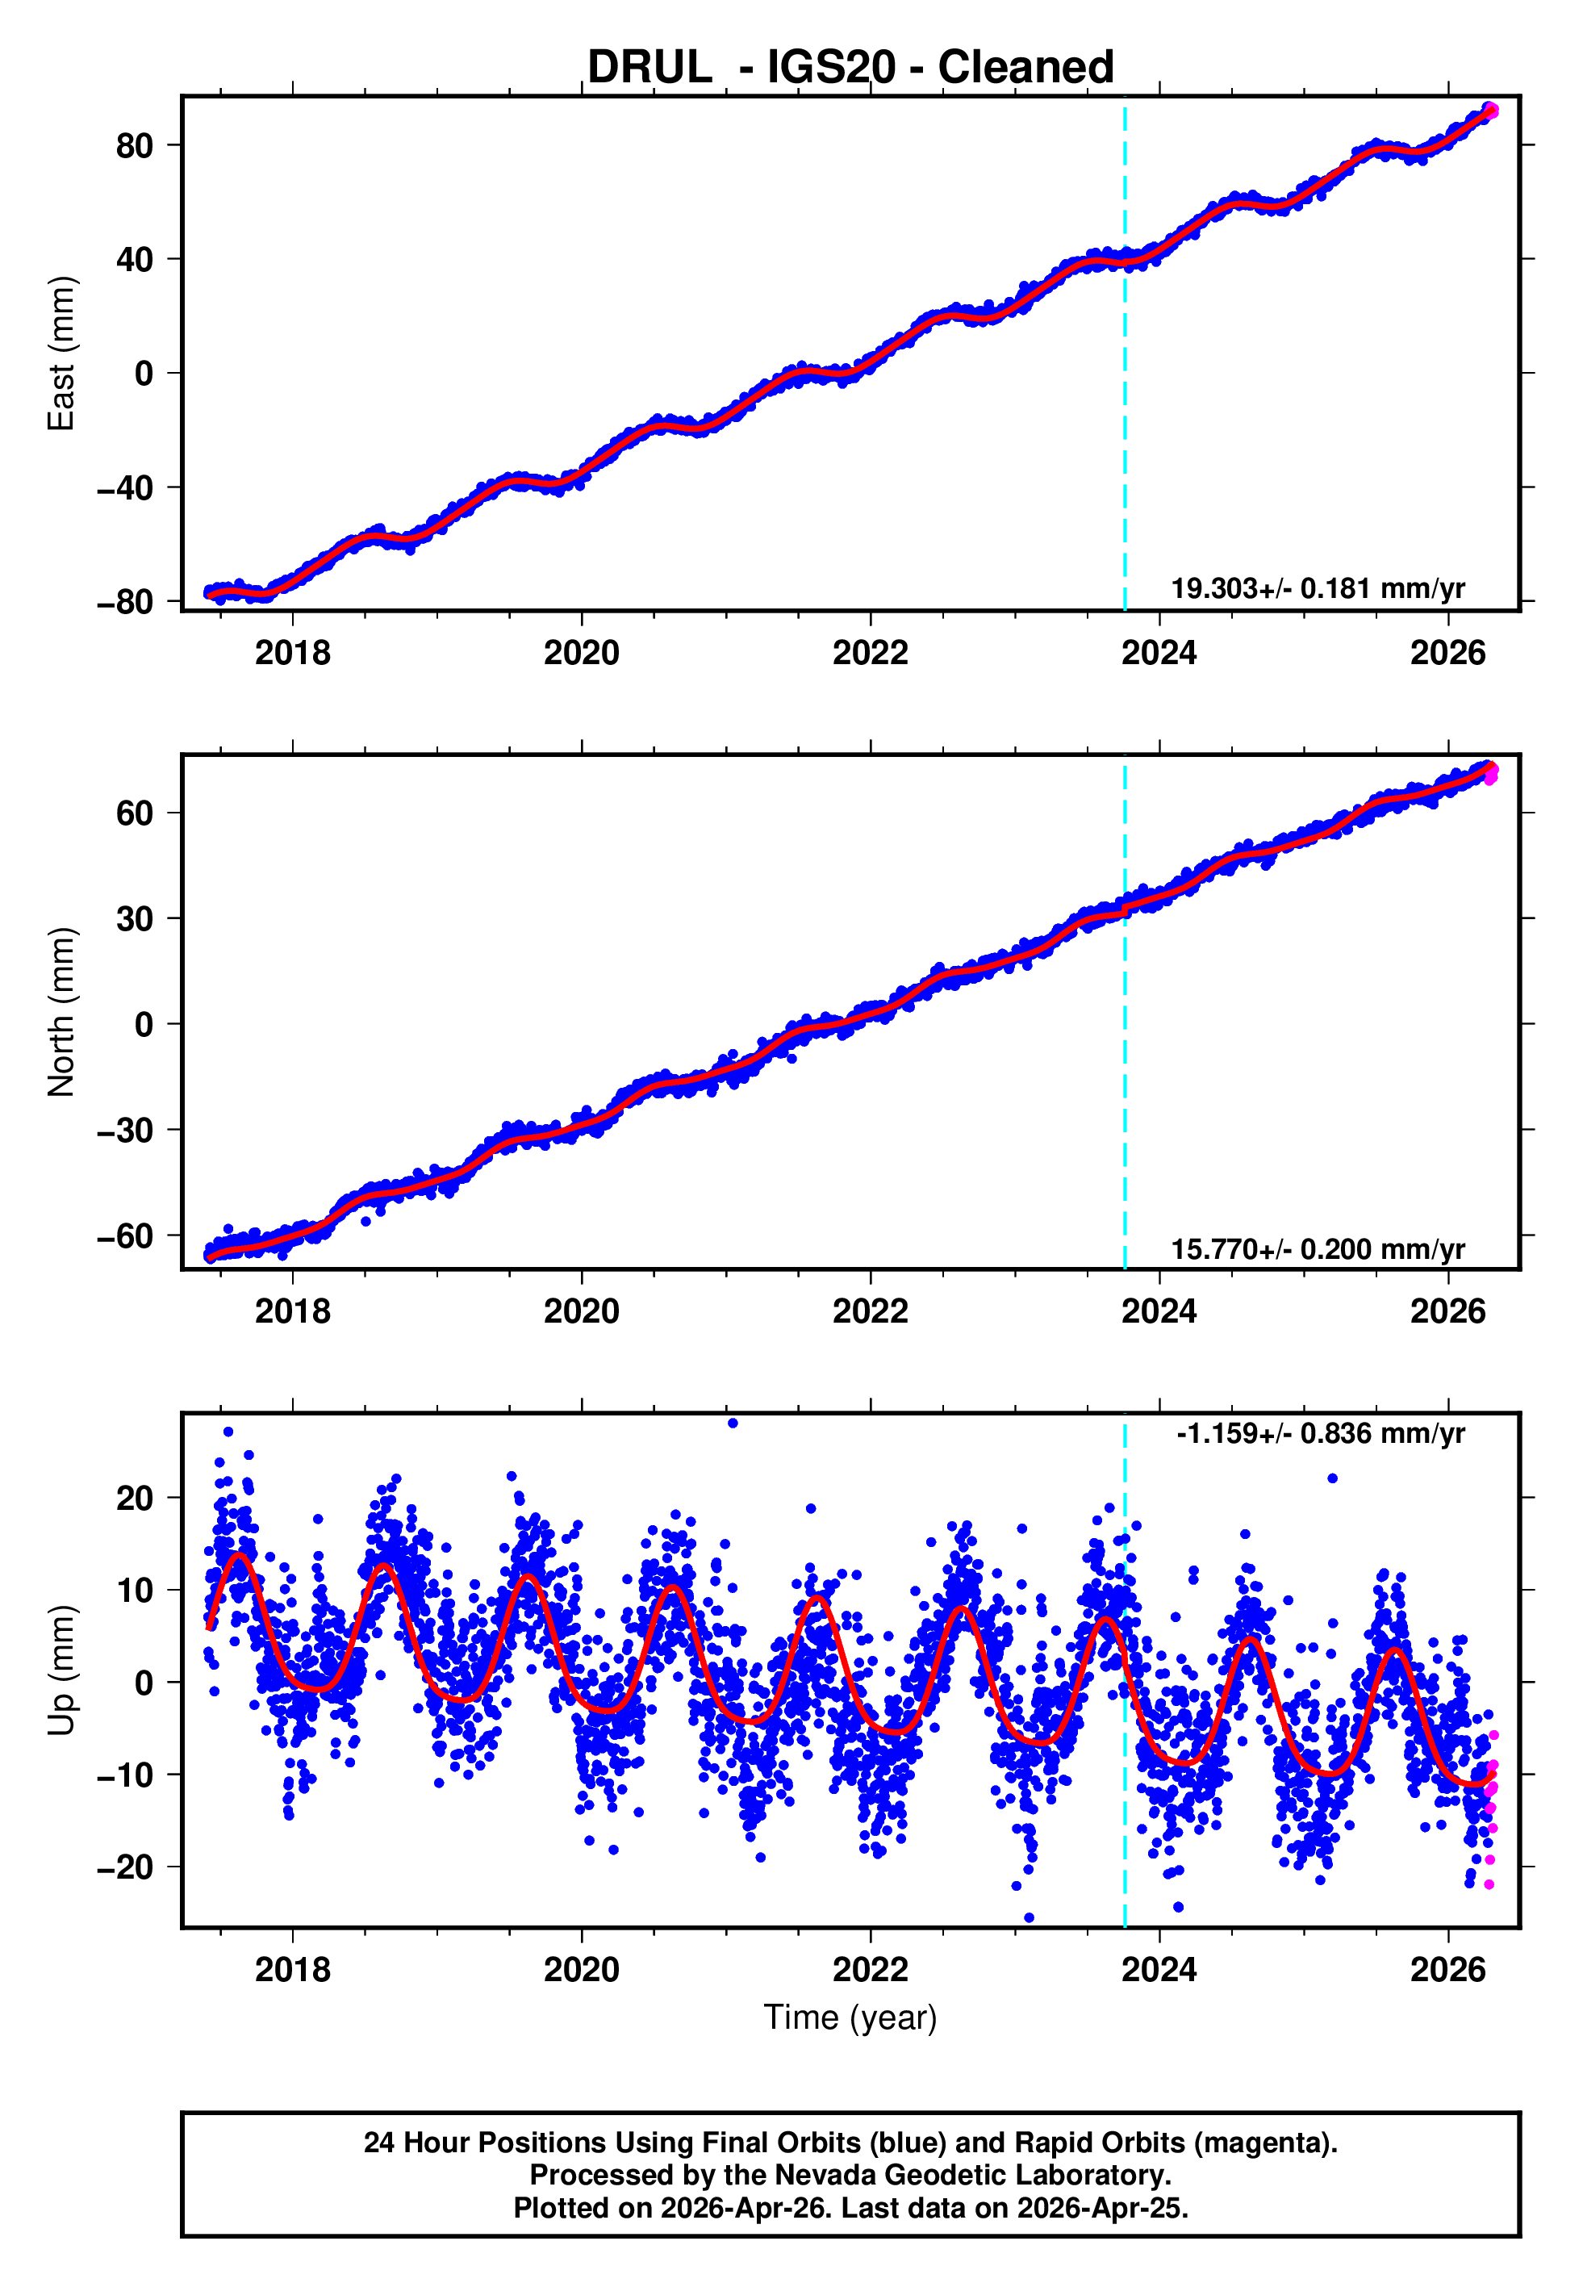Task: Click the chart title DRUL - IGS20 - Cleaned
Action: click(x=850, y=68)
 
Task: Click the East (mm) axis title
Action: click(x=61, y=354)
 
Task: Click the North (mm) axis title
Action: click(x=61, y=1012)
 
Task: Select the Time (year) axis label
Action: click(x=850, y=2017)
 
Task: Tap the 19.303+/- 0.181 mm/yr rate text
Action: click(x=1318, y=589)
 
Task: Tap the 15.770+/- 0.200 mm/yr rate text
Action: click(x=1318, y=1249)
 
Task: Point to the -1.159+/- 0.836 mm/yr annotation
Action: click(x=1320, y=1434)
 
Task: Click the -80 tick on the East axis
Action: click(x=125, y=602)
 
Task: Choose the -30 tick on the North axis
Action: click(x=125, y=1131)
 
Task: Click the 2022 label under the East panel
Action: click(x=870, y=654)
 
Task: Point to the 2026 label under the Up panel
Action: click(x=1447, y=1969)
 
